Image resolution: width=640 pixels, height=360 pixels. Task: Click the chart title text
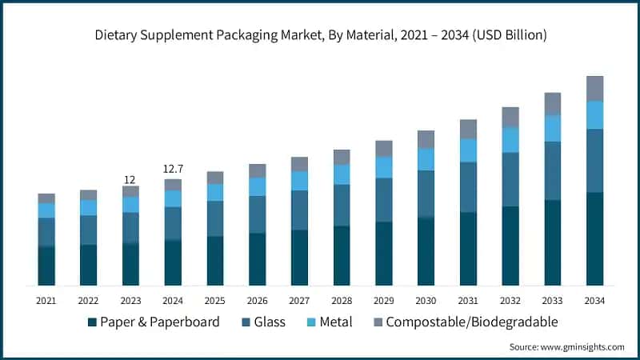pos(320,34)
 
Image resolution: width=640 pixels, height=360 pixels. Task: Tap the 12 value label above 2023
pos(130,179)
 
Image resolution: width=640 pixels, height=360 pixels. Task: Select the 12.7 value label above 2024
pos(173,170)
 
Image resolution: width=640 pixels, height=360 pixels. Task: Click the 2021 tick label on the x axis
pos(46,300)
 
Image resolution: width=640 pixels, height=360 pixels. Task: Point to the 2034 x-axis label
pos(594,300)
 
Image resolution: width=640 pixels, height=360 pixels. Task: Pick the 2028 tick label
pos(342,300)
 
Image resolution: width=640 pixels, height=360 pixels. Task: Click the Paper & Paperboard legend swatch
pos(92,322)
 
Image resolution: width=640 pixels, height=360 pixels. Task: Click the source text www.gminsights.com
pos(566,346)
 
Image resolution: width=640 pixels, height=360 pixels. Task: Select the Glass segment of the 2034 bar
pos(594,160)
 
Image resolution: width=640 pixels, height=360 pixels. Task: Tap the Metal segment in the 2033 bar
pos(553,128)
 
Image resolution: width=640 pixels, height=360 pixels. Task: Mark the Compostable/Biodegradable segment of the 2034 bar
pos(594,88)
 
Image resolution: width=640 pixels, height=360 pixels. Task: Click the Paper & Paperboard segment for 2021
pos(46,266)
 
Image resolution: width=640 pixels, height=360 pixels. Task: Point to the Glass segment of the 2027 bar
pos(299,210)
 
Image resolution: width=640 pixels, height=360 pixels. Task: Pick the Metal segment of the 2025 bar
pos(215,192)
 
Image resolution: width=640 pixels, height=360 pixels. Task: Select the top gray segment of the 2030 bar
pos(426,139)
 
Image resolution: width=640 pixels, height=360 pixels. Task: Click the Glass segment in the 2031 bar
pos(468,186)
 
